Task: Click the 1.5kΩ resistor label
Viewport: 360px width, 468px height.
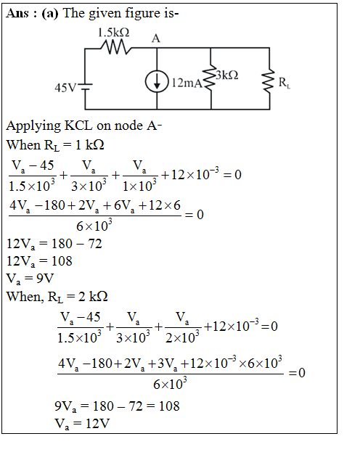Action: pyautogui.click(x=114, y=32)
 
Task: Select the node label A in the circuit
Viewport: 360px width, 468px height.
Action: pyautogui.click(x=156, y=38)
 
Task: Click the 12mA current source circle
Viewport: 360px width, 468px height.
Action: pyautogui.click(x=157, y=81)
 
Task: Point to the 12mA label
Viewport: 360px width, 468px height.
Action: pyautogui.click(x=187, y=83)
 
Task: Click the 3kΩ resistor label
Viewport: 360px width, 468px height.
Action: pyautogui.click(x=227, y=75)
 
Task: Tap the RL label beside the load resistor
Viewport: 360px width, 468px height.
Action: pyautogui.click(x=285, y=83)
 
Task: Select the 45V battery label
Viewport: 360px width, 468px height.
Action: pyautogui.click(x=65, y=88)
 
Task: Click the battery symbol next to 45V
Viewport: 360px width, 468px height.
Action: pyautogui.click(x=85, y=86)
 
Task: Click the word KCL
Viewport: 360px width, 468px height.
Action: pyautogui.click(x=79, y=126)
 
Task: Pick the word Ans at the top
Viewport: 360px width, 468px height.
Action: pyautogui.click(x=17, y=13)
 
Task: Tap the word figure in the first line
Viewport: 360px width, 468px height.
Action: pyautogui.click(x=142, y=14)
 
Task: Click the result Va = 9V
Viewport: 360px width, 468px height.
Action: pyautogui.click(x=30, y=279)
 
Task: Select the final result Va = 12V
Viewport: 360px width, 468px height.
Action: pyautogui.click(x=82, y=424)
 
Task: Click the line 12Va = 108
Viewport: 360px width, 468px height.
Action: pyautogui.click(x=39, y=261)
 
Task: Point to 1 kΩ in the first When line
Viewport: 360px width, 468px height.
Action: pyautogui.click(x=89, y=145)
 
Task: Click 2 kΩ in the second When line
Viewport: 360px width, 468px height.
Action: pyautogui.click(x=93, y=296)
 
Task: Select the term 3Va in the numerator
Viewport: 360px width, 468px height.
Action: pyautogui.click(x=167, y=364)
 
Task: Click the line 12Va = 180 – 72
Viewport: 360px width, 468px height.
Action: pyautogui.click(x=54, y=244)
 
